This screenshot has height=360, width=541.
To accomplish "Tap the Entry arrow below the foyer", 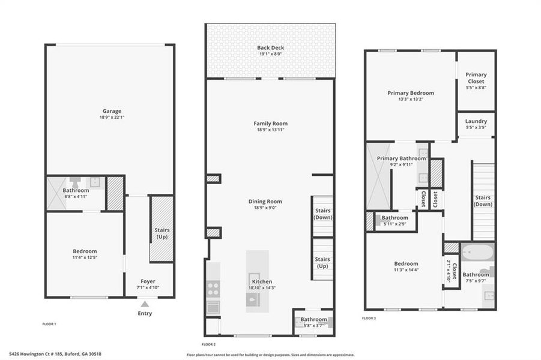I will click(145, 304).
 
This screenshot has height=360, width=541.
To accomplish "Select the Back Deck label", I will click(270, 47).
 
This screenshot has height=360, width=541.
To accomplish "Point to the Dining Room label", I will click(265, 202).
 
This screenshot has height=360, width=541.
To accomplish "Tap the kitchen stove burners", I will click(213, 289).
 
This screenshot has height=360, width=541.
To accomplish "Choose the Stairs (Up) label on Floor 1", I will click(162, 233).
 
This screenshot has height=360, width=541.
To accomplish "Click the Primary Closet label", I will click(476, 78).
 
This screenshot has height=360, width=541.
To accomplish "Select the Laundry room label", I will click(476, 121).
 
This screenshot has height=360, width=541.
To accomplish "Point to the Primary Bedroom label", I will click(410, 93).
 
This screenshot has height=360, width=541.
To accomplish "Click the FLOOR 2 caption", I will click(208, 344).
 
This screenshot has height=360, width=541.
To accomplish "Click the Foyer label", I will click(148, 281).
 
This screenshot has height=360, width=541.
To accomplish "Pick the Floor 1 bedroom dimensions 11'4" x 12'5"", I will click(85, 258).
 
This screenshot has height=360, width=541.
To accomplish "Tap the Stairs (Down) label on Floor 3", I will click(483, 200).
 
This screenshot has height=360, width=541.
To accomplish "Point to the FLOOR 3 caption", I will click(369, 318).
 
